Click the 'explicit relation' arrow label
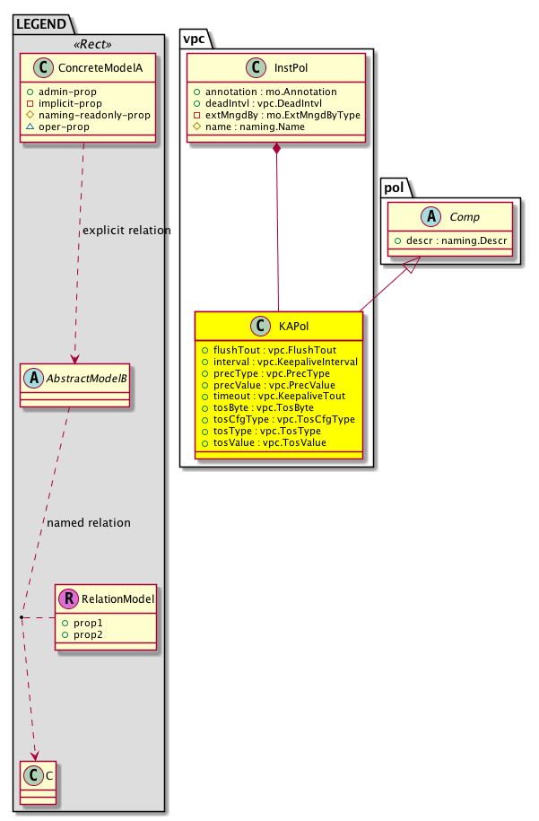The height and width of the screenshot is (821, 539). click(x=126, y=231)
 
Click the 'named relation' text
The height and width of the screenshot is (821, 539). click(x=89, y=522)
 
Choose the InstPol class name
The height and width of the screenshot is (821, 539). click(x=290, y=66)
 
